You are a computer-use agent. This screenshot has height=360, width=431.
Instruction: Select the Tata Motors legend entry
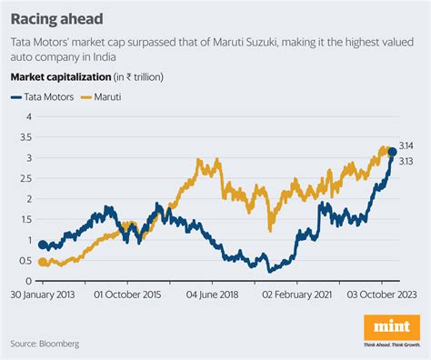[x=45, y=95]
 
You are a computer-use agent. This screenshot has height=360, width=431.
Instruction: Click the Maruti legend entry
[x=103, y=95]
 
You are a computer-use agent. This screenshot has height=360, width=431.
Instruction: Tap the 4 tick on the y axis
[x=29, y=116]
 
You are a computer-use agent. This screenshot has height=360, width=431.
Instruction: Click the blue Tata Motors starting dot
[x=43, y=245]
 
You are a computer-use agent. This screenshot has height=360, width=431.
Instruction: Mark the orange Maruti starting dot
[x=43, y=262]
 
